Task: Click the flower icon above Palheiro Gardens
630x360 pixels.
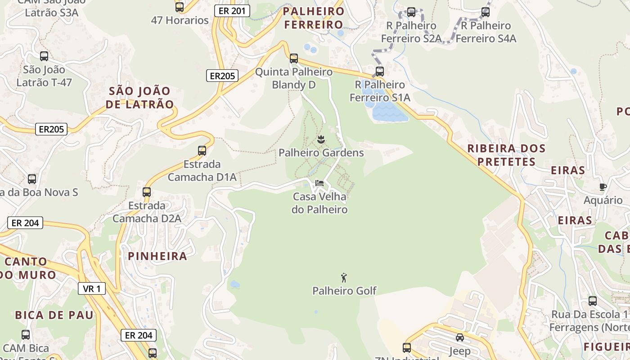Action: (321, 139)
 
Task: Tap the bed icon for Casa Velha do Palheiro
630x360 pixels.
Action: (319, 183)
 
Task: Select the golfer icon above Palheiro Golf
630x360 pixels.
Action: (344, 278)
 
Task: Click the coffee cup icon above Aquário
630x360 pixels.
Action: (603, 187)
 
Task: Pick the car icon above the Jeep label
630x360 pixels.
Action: (459, 337)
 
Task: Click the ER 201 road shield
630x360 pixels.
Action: (232, 11)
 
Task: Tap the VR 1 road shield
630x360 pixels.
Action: (92, 288)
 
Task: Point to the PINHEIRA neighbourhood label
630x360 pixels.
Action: (157, 256)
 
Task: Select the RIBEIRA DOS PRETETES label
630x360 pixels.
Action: (506, 155)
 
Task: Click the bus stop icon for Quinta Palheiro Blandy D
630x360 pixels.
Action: (294, 58)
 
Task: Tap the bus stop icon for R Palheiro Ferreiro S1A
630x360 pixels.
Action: (380, 71)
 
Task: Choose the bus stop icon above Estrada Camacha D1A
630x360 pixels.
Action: (202, 151)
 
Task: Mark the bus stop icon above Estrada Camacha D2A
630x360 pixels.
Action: (147, 192)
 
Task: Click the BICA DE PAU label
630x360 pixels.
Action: (54, 315)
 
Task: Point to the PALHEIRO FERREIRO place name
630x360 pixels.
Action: (314, 18)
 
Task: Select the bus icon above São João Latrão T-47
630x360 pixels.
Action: (44, 56)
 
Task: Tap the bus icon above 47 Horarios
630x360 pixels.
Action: (180, 7)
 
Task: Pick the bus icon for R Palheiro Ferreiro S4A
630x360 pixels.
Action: (486, 12)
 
